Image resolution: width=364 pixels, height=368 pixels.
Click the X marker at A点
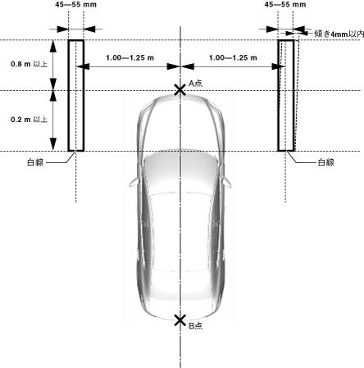click(x=180, y=90)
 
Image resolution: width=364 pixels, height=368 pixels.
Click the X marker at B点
click(x=180, y=320)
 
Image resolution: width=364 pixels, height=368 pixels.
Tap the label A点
click(x=196, y=84)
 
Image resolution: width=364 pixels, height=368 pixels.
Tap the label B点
click(x=196, y=325)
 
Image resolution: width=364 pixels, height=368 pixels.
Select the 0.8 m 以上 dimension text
click(x=29, y=64)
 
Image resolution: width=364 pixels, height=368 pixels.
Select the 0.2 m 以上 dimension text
click(x=29, y=120)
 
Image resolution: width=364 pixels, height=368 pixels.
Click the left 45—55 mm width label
click(x=75, y=4)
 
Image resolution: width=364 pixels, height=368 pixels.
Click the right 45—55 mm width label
click(x=285, y=4)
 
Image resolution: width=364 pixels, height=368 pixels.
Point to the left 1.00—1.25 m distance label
click(x=130, y=57)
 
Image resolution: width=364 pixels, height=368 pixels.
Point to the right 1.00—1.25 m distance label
click(x=233, y=57)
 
